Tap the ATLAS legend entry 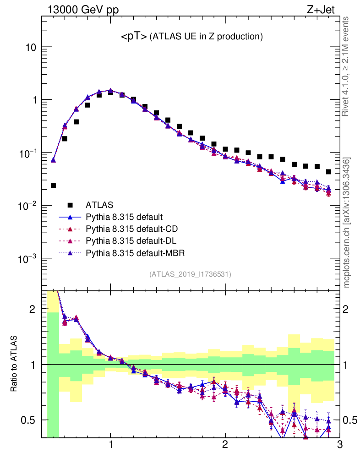click(x=99, y=204)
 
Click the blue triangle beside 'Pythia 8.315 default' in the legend click(x=70, y=217)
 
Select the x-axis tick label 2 click(x=225, y=444)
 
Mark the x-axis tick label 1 click(x=111, y=444)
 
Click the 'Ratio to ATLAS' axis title click(x=14, y=364)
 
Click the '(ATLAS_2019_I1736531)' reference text click(x=190, y=274)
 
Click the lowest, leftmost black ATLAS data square click(x=53, y=185)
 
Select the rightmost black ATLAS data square click(x=328, y=172)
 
